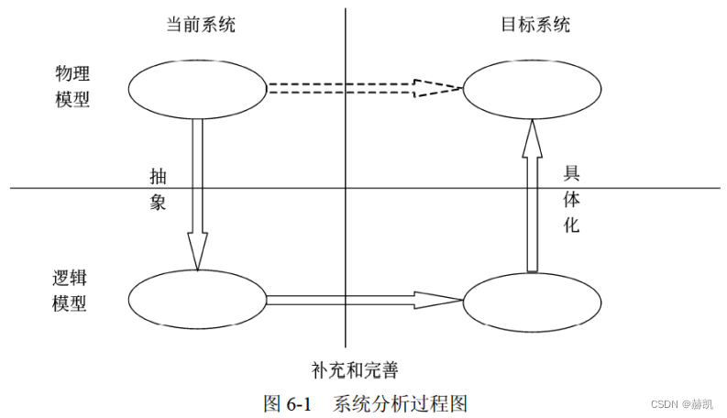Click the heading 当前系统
coord(201,25)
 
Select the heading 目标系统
coord(536,25)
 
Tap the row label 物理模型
coord(72,85)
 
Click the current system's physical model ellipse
coord(196,89)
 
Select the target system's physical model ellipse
coord(532,89)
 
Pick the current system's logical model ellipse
coord(196,299)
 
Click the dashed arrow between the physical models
coord(348,89)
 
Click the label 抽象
coord(158,189)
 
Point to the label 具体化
coord(570,199)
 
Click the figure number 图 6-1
coord(288,402)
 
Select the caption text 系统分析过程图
coord(401,402)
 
